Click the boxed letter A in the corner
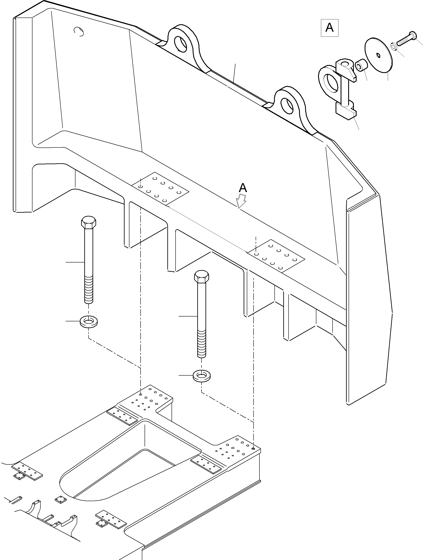pos(329,28)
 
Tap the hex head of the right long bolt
pos(201,276)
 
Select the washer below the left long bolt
pos(89,322)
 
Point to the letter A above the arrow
pos(243,188)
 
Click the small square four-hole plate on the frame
pos(60,499)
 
